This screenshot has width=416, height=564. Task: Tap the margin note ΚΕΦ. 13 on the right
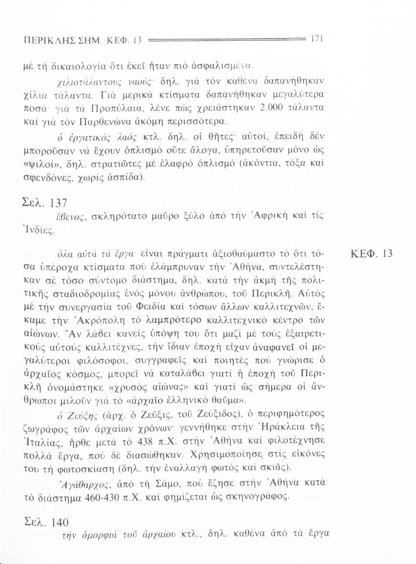pos(371,254)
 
